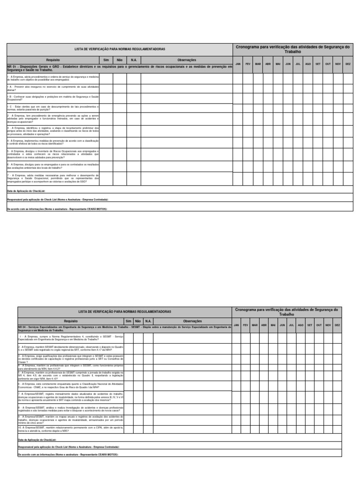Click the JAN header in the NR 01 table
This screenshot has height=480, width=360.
pos(238,64)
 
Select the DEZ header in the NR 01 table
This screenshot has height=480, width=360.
pos(348,64)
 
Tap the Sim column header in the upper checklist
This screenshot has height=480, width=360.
pos(106,60)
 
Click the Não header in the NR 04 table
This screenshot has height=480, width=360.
pos(137,321)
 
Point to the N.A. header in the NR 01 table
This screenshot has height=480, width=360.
pos(134,60)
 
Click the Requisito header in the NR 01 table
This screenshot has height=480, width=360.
pos(53,60)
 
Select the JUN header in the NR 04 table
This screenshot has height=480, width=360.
pos(282,325)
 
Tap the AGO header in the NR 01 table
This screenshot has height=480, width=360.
pos(308,64)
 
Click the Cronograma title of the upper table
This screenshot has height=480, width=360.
pos(293,49)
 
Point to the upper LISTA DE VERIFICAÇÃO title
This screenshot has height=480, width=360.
pos(120,49)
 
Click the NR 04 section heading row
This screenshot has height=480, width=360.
pos(124,328)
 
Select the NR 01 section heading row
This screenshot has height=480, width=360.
pos(120,68)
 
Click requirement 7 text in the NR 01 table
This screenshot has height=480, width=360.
pos(53,178)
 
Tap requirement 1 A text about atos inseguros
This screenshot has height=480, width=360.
pos(53,88)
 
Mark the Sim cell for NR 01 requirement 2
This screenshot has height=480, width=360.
pos(106,120)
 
